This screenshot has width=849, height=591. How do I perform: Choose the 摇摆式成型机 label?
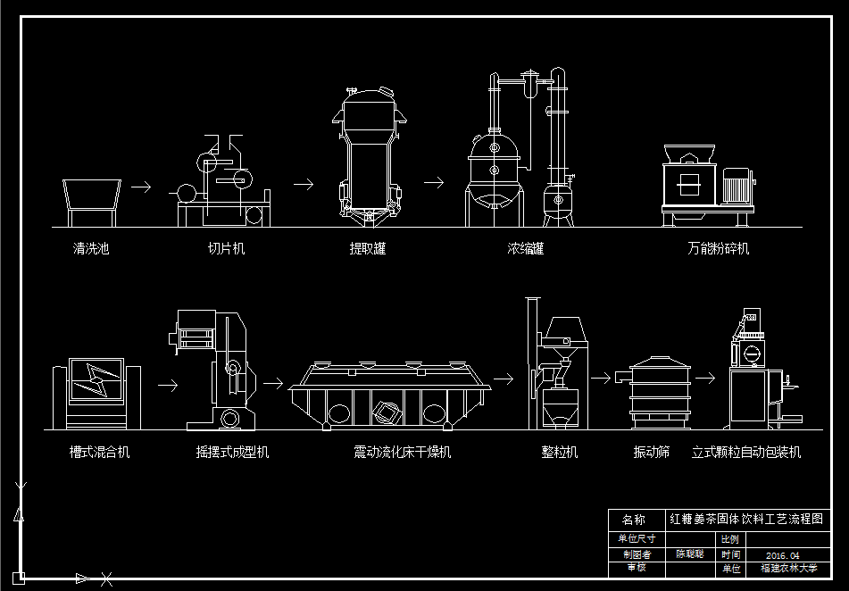click(x=232, y=453)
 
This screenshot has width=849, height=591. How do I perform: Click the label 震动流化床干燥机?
click(x=403, y=453)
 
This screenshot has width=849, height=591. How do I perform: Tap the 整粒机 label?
click(x=560, y=453)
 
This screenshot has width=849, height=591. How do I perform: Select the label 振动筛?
click(x=652, y=453)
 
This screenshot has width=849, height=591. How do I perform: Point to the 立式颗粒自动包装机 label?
click(x=746, y=453)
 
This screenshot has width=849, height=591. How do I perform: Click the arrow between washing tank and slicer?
click(x=140, y=187)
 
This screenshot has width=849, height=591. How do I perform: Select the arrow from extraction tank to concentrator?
click(x=434, y=182)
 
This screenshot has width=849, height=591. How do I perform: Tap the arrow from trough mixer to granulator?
click(x=167, y=387)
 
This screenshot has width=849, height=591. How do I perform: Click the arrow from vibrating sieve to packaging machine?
click(x=706, y=378)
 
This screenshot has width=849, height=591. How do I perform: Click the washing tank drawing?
click(x=91, y=198)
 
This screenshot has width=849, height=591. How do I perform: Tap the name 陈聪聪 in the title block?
click(x=689, y=554)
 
